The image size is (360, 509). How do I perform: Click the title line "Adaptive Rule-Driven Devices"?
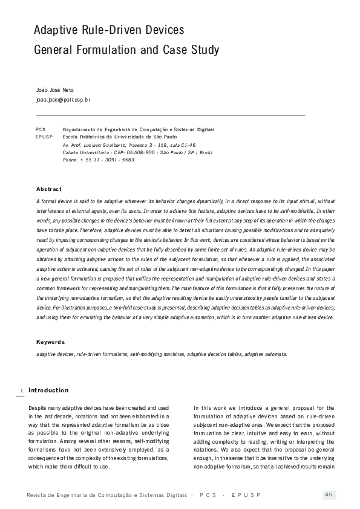coord(109,30)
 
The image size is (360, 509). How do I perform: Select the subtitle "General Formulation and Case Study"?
coord(126,50)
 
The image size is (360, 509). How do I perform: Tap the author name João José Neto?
coord(55,89)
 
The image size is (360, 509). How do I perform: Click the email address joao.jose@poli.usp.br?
coord(64,99)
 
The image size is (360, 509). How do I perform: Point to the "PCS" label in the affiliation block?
coord(41,129)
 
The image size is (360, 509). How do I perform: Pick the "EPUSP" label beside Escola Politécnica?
coord(44,137)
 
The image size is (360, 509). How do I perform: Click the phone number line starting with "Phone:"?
coord(98,160)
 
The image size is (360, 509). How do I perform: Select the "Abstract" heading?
coord(49,189)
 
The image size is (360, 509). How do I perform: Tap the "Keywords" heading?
coord(51,342)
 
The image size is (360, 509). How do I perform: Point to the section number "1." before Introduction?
coord(22,391)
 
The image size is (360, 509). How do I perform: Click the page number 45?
coord(329,495)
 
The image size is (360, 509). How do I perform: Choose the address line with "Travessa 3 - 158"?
coord(129,145)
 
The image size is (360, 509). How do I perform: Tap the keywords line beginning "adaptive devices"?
coord(162,354)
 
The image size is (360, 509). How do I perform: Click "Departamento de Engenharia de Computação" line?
coord(139,129)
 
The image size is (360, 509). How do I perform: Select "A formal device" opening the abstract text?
coord(55,201)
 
